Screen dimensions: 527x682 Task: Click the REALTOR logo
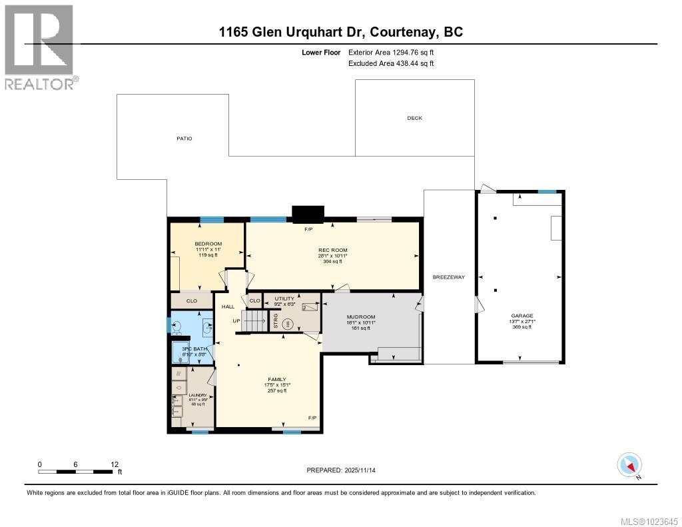click(39, 47)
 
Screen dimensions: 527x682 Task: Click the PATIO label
click(184, 139)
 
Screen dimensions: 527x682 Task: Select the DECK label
click(414, 118)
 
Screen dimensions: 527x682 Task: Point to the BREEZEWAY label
click(448, 277)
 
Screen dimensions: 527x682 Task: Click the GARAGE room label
click(522, 316)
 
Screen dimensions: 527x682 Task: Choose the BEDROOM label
click(208, 244)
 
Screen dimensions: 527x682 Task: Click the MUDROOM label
click(362, 317)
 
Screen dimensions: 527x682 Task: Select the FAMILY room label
click(276, 380)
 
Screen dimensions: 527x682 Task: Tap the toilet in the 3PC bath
click(177, 328)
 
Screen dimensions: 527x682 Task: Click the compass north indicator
click(629, 464)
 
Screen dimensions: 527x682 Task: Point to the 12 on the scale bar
click(114, 464)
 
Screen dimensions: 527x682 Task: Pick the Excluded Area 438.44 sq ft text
click(391, 63)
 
